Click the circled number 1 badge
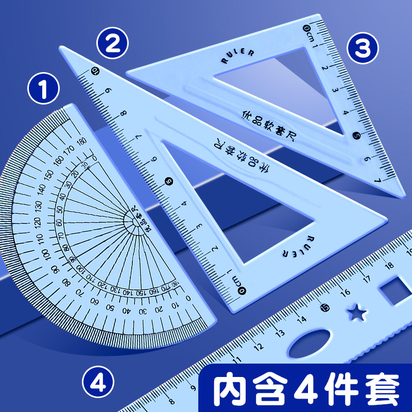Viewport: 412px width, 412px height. coord(43,89)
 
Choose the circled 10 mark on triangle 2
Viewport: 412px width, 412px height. coord(95,72)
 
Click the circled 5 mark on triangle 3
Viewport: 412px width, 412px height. coord(356,136)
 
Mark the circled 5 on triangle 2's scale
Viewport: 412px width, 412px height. coord(168,181)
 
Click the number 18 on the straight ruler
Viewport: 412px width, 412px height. coord(389,266)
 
